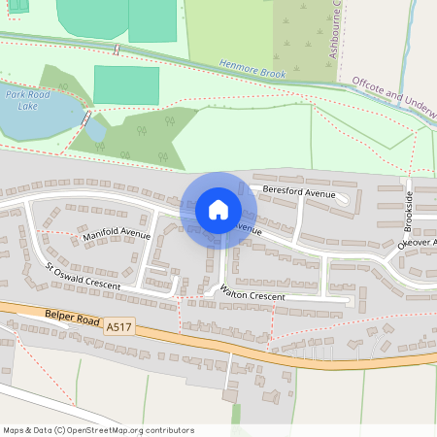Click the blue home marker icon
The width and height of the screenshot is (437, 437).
pos(218,210)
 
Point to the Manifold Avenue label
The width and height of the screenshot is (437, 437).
pos(117,234)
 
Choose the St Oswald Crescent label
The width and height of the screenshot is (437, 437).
pos(83,276)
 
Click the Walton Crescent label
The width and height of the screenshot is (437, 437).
pos(252,292)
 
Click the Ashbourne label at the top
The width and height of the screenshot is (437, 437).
pos(336,29)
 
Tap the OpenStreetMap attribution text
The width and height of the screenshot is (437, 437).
pos(98,430)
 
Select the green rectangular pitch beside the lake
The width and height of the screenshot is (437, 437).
pos(125,84)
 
